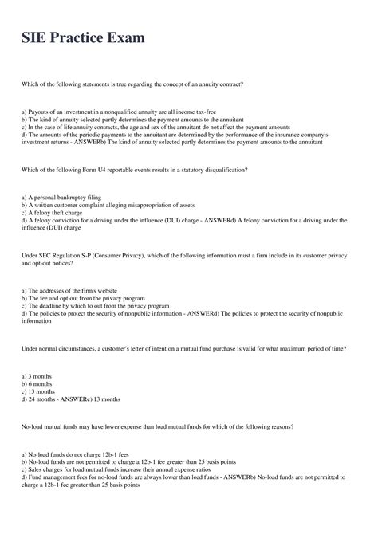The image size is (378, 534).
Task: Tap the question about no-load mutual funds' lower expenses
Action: coord(159,427)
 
